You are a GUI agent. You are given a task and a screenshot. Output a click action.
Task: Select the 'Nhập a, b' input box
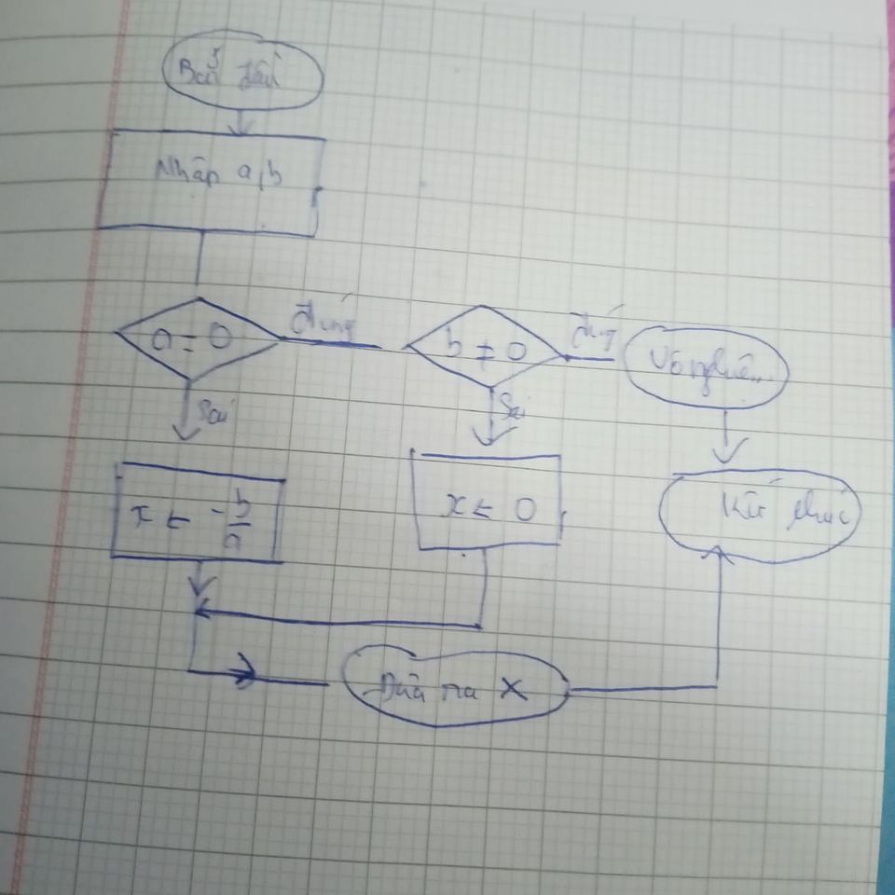[213, 182]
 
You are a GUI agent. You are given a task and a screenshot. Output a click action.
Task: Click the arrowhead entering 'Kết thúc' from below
[718, 554]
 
